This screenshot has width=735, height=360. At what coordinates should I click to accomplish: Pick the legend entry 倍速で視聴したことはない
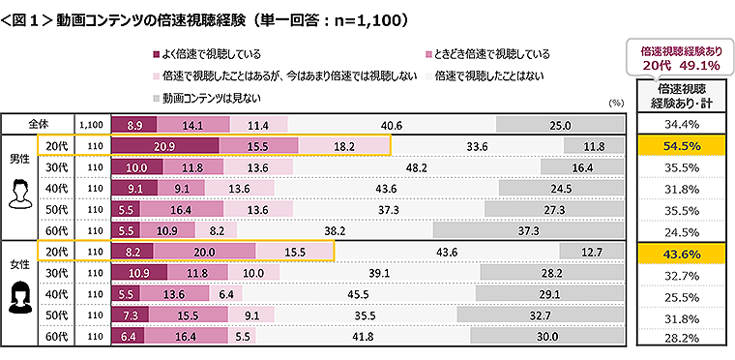(x=488, y=75)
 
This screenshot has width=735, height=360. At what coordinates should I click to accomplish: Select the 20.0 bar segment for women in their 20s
(x=204, y=252)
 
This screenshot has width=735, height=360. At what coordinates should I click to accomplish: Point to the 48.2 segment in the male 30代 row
(x=417, y=167)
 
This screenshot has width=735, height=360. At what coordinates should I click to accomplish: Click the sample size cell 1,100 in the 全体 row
(x=91, y=125)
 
